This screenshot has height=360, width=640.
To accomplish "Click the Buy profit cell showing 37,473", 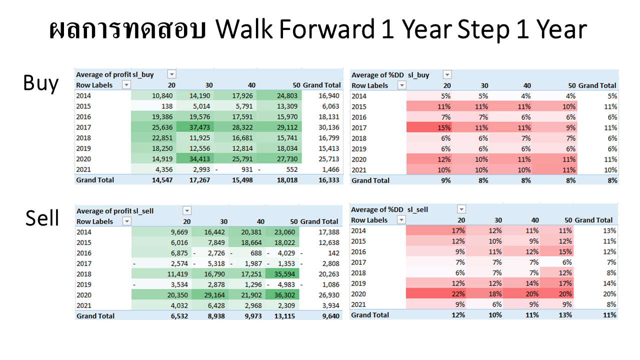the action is coord(195,127).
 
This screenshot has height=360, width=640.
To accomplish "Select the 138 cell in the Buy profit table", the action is coord(153,106).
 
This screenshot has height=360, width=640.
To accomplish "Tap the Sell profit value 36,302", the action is coord(282,295).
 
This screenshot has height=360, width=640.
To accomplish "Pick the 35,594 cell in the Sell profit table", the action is coord(282,274).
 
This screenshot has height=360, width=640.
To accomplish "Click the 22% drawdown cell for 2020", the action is coord(436,293).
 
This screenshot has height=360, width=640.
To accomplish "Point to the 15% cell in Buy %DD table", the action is coord(429,127).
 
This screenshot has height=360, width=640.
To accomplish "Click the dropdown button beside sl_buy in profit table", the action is coord(171,74).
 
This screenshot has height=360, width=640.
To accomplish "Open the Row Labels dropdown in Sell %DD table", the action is coord(401,219).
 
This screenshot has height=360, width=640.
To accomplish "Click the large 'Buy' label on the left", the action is coord(41,83).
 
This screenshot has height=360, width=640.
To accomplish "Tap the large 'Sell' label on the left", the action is coord(42,218).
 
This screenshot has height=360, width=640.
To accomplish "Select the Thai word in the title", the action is coord(127,29).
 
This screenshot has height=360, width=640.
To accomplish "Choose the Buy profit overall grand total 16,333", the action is coord(329,180).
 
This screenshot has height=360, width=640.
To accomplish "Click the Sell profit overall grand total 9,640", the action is coord(330,316).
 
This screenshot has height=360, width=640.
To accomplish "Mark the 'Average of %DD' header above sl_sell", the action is coord(377,209).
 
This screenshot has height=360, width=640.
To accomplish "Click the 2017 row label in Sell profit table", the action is coord(84,263).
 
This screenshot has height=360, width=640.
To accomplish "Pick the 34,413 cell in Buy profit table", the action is coord(195,159).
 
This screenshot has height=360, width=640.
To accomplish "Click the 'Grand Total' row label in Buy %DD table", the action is coord(370,180).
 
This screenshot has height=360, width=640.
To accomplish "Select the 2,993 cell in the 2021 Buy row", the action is coord(195,169).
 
